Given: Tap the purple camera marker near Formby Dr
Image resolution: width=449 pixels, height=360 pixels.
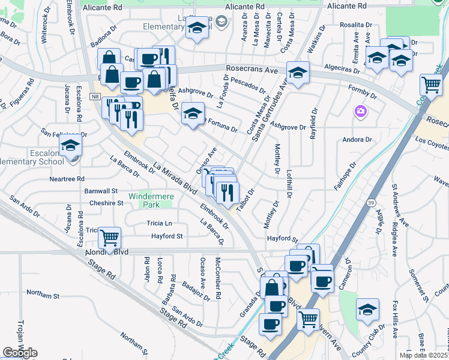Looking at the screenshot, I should click(x=360, y=111).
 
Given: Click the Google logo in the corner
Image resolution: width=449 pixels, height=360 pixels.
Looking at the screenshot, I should click(x=20, y=353).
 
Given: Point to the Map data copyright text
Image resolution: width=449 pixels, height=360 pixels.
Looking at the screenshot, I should click(x=423, y=355).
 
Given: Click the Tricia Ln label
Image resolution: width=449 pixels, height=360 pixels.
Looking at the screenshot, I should click(x=159, y=223).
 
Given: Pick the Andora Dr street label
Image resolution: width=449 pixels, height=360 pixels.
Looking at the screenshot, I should click(x=357, y=140).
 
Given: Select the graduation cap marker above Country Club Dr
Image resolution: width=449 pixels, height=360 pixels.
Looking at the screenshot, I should click(x=367, y=310).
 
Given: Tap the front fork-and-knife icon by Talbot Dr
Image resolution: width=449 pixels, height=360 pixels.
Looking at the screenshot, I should click(x=228, y=192).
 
